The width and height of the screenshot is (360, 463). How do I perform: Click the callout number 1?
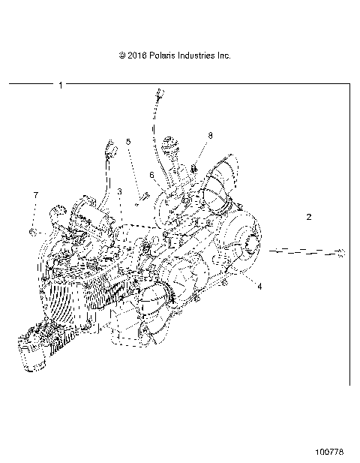[x=60, y=86]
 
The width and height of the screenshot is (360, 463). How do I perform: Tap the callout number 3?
[x=119, y=193]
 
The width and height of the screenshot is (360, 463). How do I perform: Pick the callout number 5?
[x=128, y=142]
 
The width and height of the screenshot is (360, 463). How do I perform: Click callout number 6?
[x=151, y=175]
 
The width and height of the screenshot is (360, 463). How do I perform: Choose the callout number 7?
[x=34, y=195]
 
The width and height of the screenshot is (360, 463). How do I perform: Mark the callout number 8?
[x=210, y=136]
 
